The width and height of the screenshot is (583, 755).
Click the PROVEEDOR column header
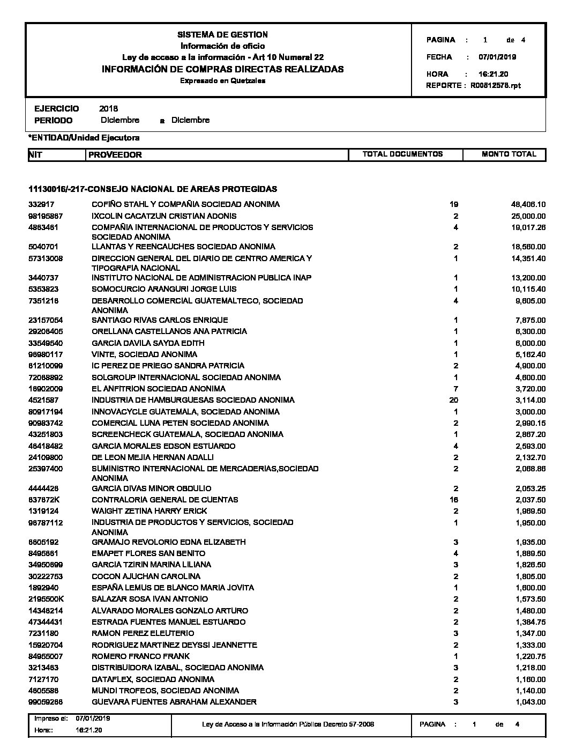click(x=115, y=155)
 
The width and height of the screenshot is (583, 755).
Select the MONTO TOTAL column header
click(x=509, y=154)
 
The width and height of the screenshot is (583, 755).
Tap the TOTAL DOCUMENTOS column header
click(x=402, y=154)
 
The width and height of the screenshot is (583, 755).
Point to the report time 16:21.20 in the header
click(x=493, y=75)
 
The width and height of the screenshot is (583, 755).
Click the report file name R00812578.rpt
click(x=496, y=86)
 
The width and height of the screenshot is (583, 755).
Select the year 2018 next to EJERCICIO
click(x=108, y=109)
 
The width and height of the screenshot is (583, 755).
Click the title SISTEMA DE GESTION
click(x=222, y=35)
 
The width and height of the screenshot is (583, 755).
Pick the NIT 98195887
click(x=46, y=216)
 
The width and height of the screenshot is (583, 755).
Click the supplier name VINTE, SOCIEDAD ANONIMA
click(x=144, y=354)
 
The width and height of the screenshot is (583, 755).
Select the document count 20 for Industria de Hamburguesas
click(x=455, y=400)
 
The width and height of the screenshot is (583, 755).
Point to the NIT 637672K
click(x=45, y=500)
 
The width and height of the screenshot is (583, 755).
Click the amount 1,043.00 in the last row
click(x=530, y=702)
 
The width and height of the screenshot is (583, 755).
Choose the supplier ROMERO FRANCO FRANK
click(x=140, y=656)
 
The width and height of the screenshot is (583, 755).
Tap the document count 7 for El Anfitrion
click(x=455, y=389)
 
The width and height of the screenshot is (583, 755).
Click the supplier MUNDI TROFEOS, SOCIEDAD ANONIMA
click(x=165, y=691)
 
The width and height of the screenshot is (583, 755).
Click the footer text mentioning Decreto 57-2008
click(x=288, y=724)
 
